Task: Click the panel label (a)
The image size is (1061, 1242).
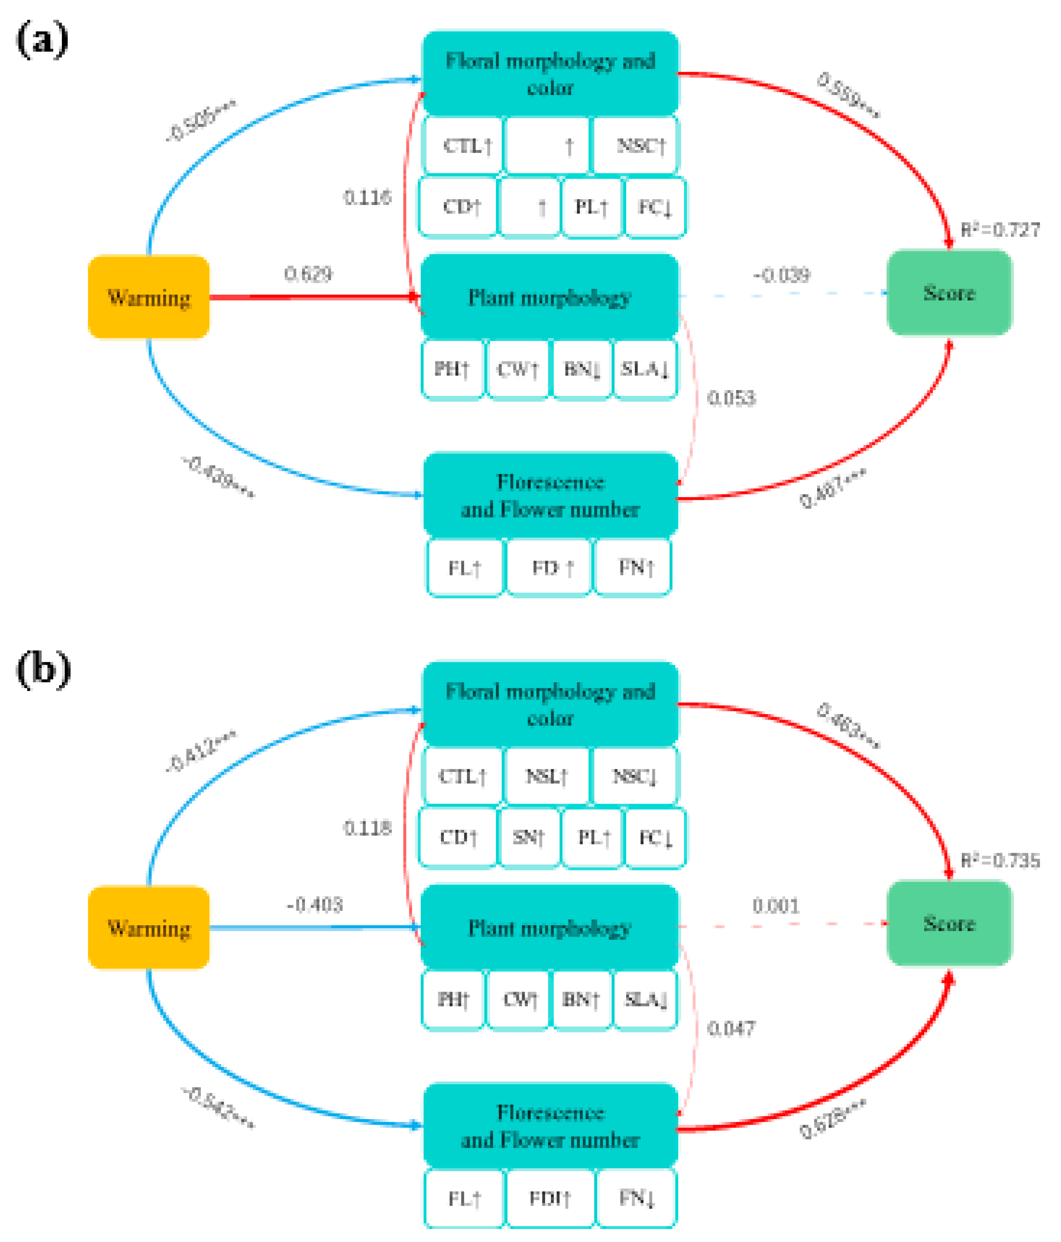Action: click(41, 40)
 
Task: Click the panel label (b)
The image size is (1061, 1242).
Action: click(43, 670)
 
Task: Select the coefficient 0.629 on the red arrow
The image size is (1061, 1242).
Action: click(307, 274)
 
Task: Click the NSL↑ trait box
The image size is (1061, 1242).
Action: click(547, 776)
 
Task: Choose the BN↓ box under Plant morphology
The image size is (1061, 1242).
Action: click(582, 369)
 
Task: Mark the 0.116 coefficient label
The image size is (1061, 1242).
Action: click(367, 197)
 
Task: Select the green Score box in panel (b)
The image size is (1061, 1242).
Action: click(948, 923)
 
